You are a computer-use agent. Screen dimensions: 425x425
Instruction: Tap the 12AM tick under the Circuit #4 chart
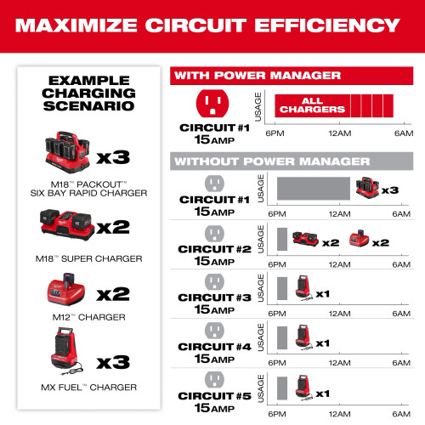point(340,360)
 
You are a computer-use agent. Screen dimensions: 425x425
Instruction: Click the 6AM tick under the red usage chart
point(401,133)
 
